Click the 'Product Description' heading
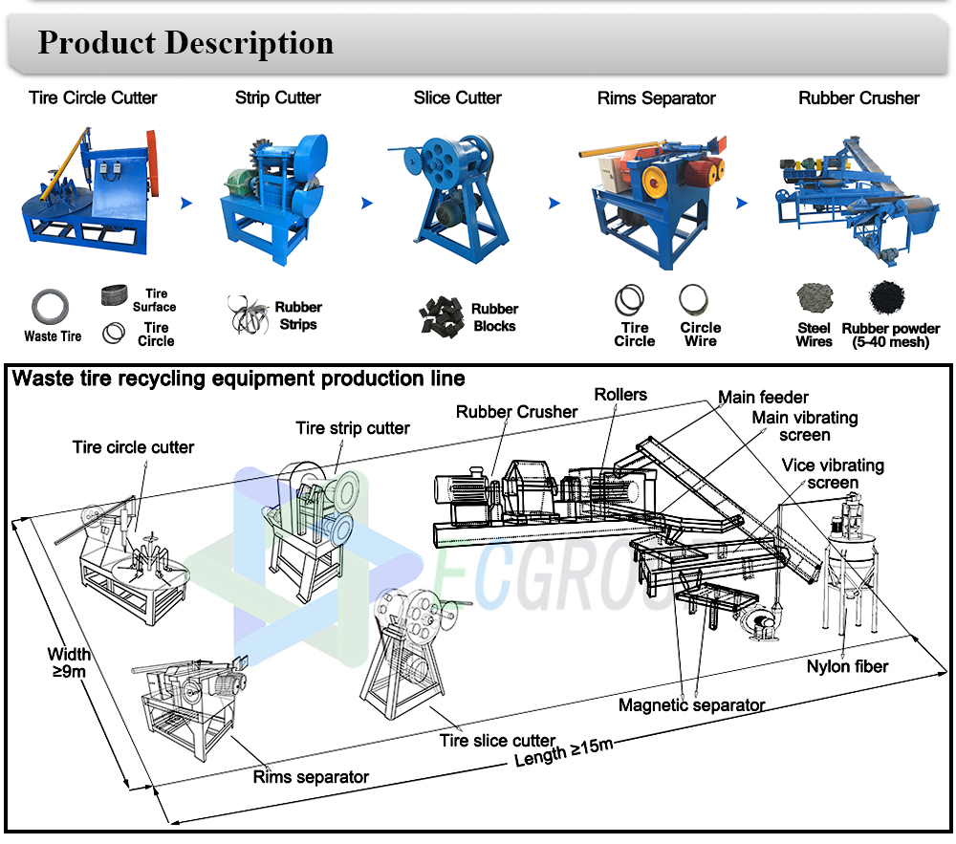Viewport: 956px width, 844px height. (x=185, y=43)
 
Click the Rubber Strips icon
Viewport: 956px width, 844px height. (x=250, y=314)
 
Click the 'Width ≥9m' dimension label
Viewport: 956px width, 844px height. (x=70, y=662)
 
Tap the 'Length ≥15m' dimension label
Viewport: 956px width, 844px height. (x=564, y=752)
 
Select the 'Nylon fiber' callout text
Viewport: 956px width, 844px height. (x=847, y=666)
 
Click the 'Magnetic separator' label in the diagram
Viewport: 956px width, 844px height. (x=692, y=705)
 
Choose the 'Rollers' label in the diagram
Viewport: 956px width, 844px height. (x=620, y=395)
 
